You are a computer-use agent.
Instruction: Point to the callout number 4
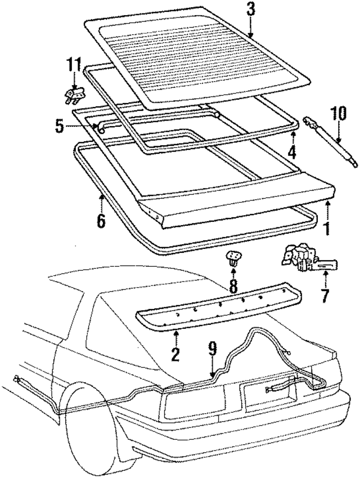pyautogui.click(x=292, y=151)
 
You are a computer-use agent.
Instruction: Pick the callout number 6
pyautogui.click(x=100, y=221)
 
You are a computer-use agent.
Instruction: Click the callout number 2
pyautogui.click(x=175, y=355)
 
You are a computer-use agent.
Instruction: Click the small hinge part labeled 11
pyautogui.click(x=73, y=95)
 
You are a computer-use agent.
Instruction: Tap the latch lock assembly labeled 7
pyautogui.click(x=307, y=260)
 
